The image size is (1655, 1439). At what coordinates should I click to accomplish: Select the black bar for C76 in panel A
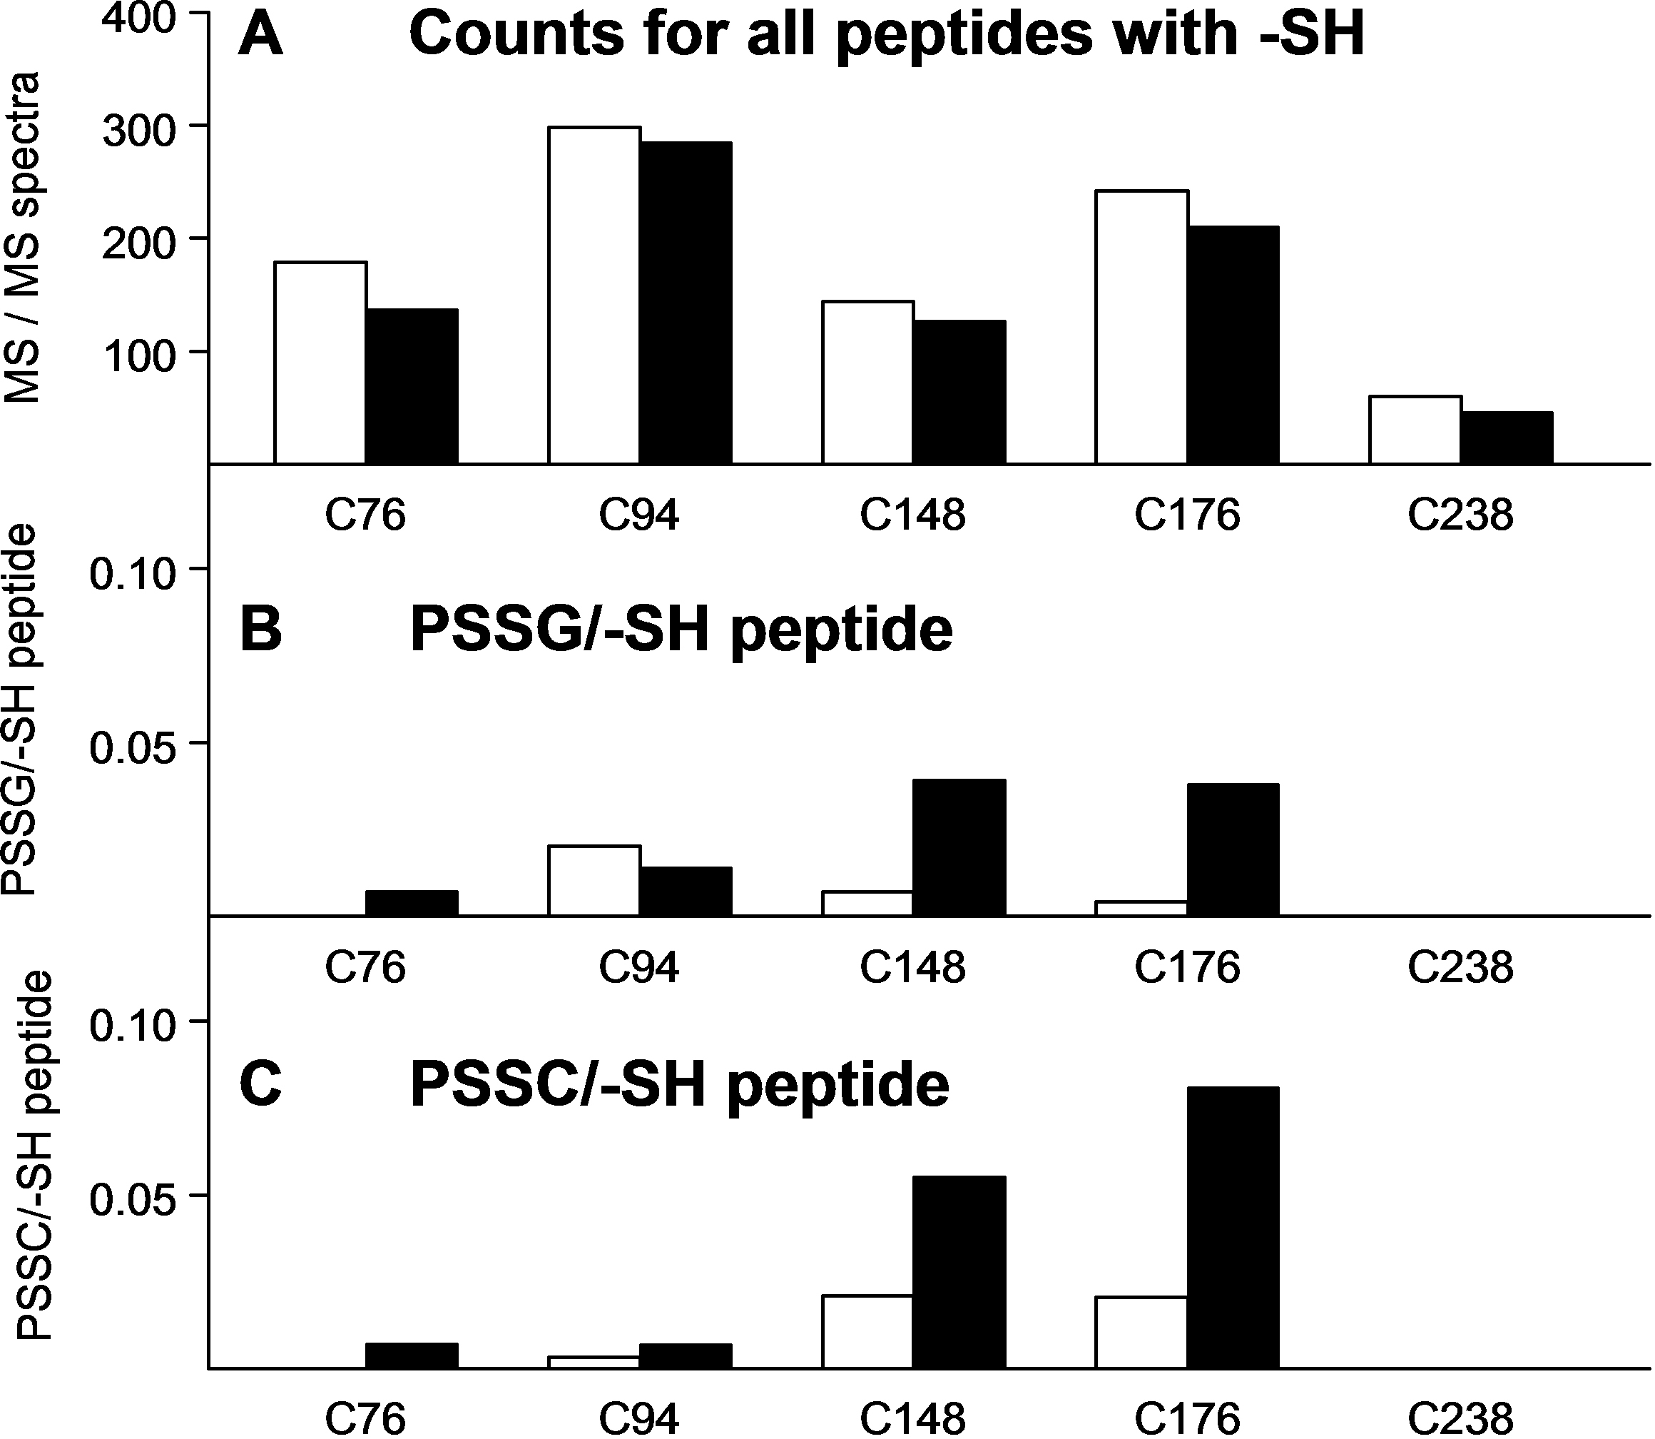tap(412, 386)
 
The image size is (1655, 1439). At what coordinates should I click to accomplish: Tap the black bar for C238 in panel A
tap(1507, 438)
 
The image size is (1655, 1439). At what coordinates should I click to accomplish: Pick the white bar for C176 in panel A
tap(1141, 327)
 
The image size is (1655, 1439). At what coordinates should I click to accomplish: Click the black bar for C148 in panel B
tap(959, 847)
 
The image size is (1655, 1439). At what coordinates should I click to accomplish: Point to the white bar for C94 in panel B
tap(594, 880)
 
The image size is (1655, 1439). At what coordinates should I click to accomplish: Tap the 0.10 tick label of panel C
tap(132, 1026)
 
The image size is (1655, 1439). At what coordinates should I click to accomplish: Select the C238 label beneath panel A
tap(1460, 515)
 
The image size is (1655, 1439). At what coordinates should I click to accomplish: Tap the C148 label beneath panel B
tap(912, 966)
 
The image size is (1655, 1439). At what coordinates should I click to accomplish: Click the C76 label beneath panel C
tap(365, 1418)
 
